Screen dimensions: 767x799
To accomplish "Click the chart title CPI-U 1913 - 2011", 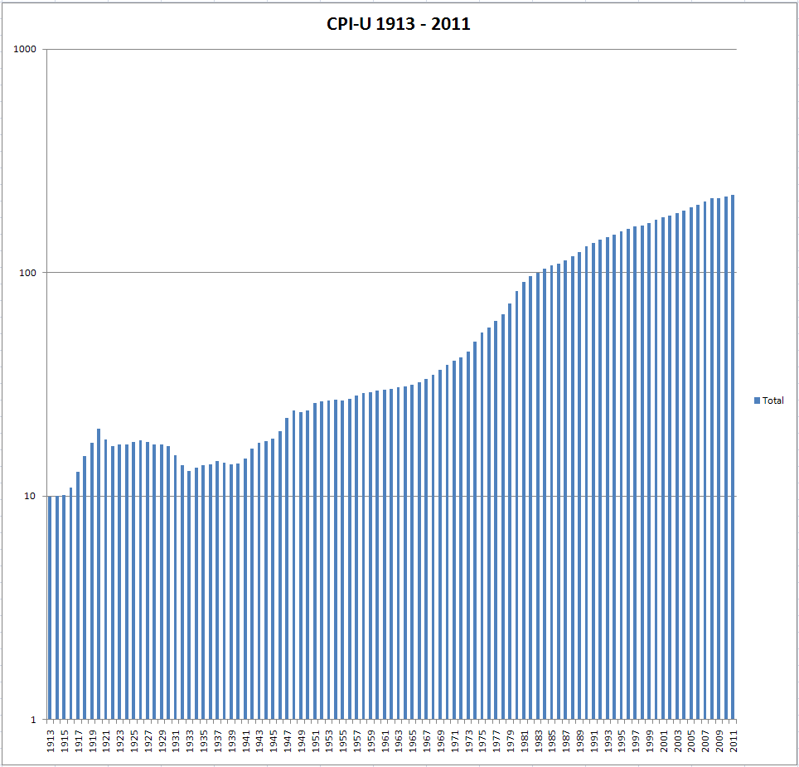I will [x=399, y=24].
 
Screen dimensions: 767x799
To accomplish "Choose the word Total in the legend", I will [x=772, y=400].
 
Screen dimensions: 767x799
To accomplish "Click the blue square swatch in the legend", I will [x=757, y=400].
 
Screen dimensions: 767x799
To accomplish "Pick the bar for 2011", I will [x=733, y=456].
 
